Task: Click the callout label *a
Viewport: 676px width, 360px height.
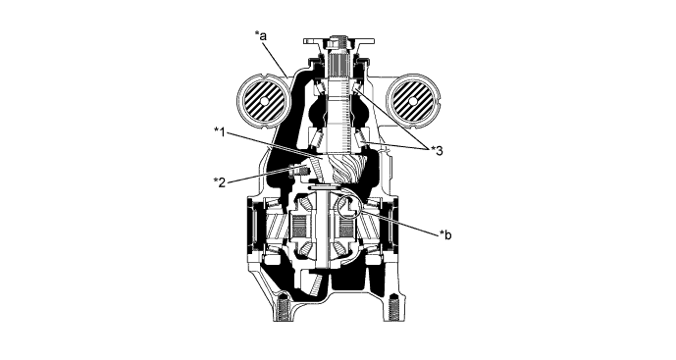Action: (261, 35)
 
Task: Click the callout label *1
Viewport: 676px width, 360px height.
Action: (220, 131)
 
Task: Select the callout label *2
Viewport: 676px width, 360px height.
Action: (220, 181)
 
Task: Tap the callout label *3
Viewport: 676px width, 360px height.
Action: (437, 150)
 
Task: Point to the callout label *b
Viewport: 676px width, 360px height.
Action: (444, 234)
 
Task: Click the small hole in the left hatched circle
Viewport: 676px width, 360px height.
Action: (263, 102)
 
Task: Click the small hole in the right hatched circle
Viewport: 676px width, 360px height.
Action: (413, 101)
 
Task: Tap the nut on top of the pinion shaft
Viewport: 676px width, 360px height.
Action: (338, 42)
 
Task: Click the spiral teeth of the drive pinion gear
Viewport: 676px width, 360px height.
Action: (349, 169)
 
